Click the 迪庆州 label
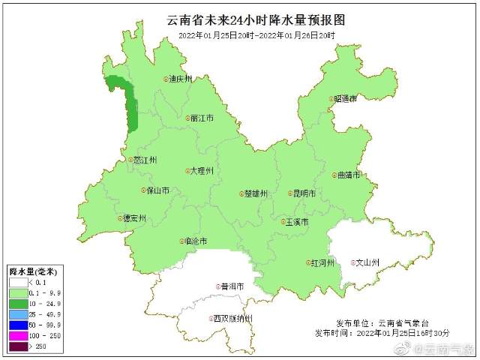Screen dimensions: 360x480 (x=181, y=79)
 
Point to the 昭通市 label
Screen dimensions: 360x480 (x=343, y=98)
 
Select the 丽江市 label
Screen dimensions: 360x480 (x=201, y=118)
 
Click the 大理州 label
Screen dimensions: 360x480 (x=201, y=171)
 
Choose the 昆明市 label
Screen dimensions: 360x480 (x=303, y=193)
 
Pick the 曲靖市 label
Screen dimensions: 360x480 (x=348, y=175)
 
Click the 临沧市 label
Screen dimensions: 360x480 (x=193, y=241)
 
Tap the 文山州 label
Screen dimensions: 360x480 (x=366, y=262)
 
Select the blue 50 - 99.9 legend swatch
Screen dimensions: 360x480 (x=19, y=325)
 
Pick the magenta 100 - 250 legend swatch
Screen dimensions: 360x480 (x=19, y=336)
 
